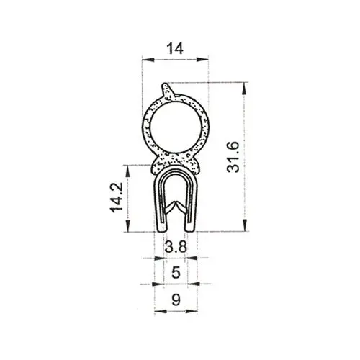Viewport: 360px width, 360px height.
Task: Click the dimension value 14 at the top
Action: tap(175, 48)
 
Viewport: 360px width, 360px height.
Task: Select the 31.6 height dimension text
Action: tap(233, 157)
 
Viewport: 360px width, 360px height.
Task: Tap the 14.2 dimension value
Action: tap(117, 197)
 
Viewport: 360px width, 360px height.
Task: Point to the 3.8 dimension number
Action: tap(176, 246)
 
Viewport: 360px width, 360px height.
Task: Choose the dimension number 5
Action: tap(176, 273)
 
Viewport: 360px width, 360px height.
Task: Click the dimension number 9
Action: tap(176, 300)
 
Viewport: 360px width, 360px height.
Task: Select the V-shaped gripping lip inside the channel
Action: tap(176, 206)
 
